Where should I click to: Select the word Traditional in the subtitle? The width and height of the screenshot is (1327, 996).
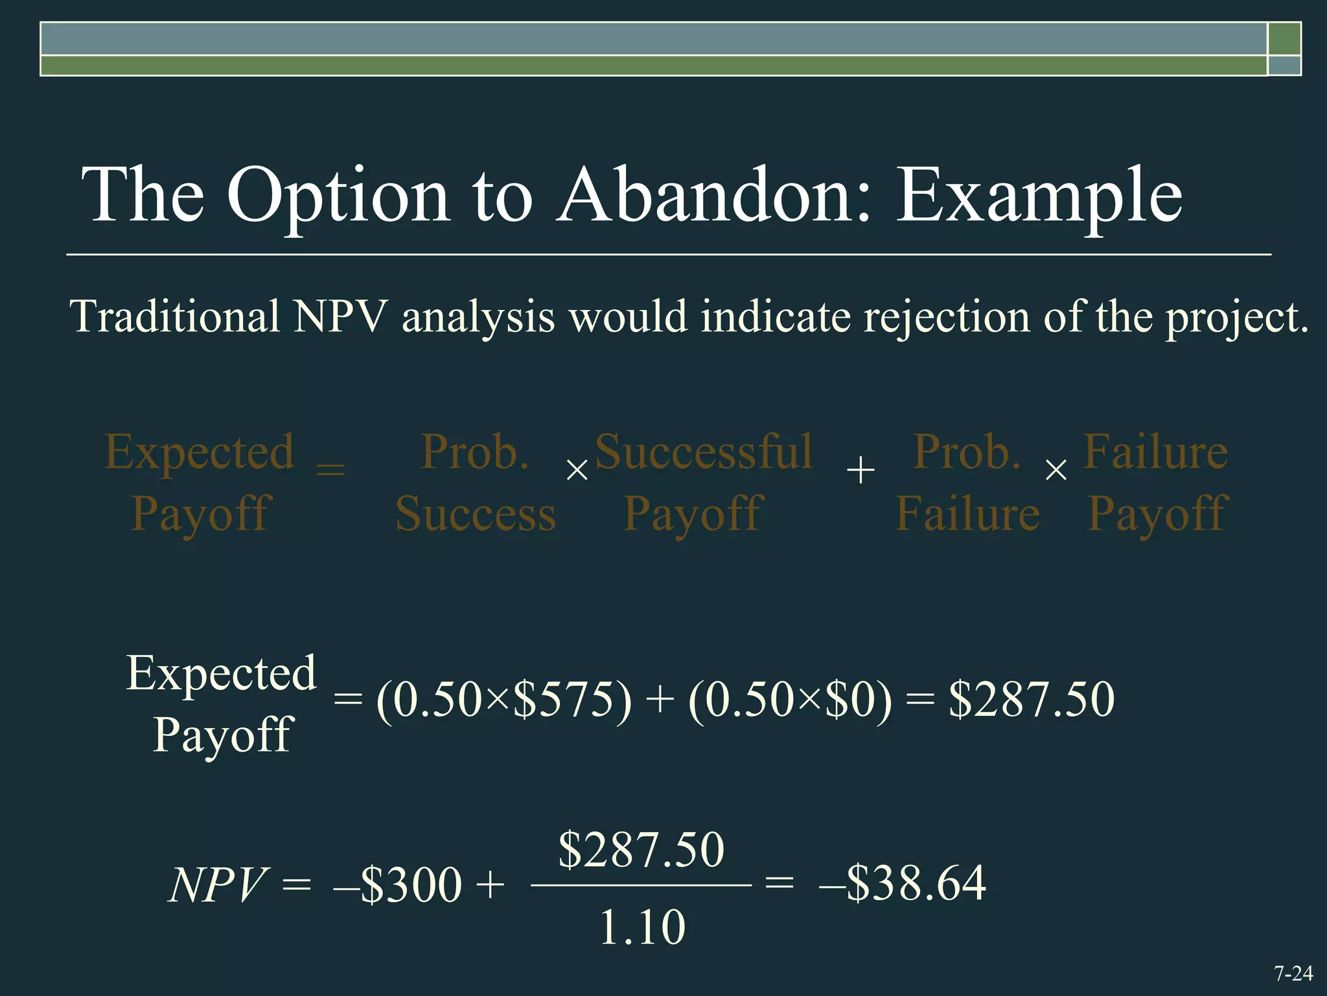(x=174, y=317)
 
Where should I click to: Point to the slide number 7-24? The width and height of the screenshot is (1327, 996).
(x=1293, y=973)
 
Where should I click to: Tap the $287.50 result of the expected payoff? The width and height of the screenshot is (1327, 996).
(x=1032, y=700)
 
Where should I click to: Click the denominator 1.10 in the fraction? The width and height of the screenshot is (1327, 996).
(x=641, y=927)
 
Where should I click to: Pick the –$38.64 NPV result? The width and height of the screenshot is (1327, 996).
(x=903, y=883)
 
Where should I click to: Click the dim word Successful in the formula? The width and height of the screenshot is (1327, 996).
(x=704, y=451)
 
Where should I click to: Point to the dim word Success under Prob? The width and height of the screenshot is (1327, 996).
(x=476, y=514)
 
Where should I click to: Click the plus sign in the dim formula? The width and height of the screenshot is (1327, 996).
(x=860, y=470)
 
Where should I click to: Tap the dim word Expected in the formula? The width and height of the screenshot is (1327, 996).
(x=200, y=451)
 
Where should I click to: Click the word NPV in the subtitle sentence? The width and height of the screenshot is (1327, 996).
(x=340, y=317)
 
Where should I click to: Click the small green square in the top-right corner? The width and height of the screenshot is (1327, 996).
(x=1284, y=38)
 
